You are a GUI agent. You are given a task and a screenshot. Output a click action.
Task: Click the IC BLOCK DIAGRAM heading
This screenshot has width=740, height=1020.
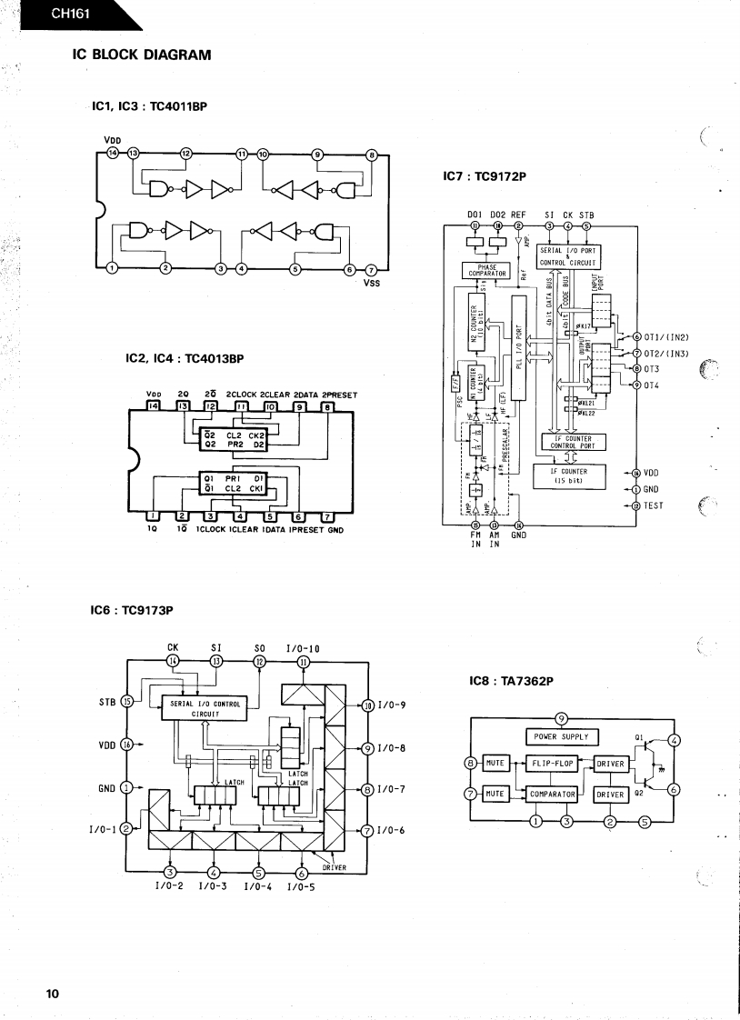click(141, 55)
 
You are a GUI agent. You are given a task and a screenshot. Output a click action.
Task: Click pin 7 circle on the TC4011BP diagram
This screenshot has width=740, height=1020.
click(370, 268)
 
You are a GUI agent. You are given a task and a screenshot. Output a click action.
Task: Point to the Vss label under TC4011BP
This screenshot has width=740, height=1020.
click(371, 283)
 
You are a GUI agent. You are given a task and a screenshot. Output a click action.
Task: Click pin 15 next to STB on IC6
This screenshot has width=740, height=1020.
click(127, 701)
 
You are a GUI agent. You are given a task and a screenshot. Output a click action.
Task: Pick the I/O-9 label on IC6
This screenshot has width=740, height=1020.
click(391, 705)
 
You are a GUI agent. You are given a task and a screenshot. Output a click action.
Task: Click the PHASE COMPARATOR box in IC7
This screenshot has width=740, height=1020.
click(488, 270)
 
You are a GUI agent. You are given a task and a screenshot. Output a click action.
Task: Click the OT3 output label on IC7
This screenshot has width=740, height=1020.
click(651, 369)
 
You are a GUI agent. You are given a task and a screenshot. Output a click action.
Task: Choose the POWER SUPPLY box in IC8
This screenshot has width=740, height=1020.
click(561, 737)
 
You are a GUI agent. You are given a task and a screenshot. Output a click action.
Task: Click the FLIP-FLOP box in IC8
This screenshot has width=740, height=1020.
click(551, 764)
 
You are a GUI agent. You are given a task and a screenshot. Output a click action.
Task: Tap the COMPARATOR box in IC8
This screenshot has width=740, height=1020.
click(552, 794)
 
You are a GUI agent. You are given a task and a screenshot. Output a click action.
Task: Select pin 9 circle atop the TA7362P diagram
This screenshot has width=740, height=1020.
click(561, 719)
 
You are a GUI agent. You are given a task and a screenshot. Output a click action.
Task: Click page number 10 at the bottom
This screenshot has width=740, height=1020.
click(53, 993)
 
